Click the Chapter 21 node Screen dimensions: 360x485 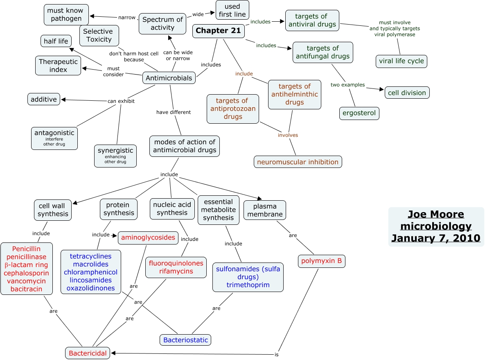219,31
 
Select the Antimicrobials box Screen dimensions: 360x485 169,78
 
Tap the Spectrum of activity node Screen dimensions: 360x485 162,24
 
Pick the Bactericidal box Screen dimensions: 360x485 88,353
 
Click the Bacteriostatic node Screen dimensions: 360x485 185,340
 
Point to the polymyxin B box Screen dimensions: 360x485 321,261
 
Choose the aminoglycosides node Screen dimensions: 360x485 148,238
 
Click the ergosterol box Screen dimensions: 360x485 359,113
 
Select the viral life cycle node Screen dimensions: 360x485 401,61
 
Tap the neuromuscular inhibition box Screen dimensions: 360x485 298,162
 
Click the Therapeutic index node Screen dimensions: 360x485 58,66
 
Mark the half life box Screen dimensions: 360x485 56,41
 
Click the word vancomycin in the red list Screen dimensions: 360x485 26,281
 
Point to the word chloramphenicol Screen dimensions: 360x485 90,272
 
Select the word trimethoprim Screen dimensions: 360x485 248,285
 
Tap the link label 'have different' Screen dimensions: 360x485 174,112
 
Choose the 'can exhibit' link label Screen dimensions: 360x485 121,101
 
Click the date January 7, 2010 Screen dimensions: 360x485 436,238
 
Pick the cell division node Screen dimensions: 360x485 407,93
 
